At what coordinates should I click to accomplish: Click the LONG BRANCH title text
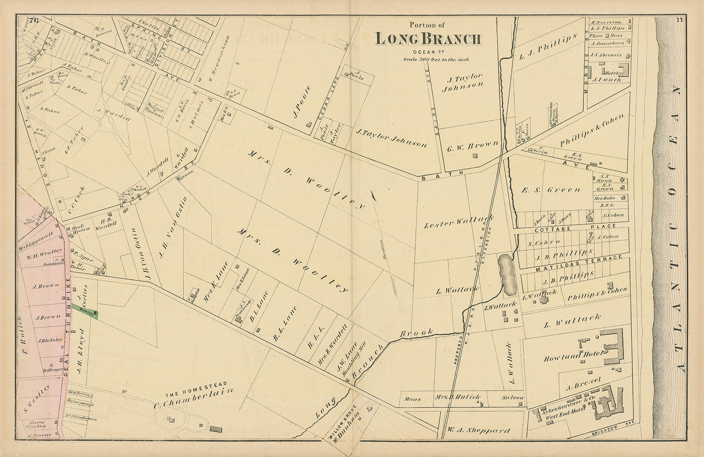[428, 39]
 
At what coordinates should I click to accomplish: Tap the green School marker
[89, 312]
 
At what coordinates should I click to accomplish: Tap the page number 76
[35, 19]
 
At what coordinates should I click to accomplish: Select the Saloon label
[513, 398]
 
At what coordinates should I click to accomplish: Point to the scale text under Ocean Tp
[436, 59]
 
